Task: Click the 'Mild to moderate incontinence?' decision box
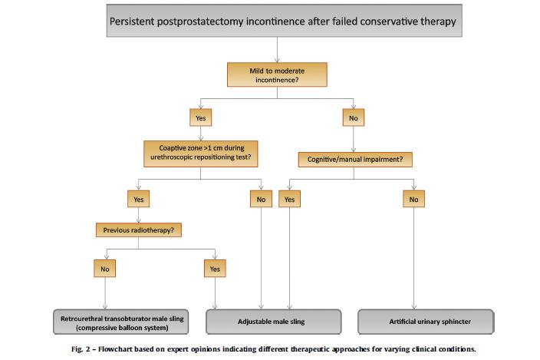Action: (x=277, y=74)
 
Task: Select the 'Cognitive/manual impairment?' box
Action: (x=355, y=160)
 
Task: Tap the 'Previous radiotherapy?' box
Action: (x=138, y=230)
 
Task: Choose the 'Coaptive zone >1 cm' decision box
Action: (x=201, y=154)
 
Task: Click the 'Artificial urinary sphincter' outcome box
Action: (x=426, y=322)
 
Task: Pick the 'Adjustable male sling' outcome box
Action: (x=273, y=322)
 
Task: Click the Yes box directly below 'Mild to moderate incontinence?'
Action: (x=201, y=117)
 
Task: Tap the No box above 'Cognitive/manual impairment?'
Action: (x=354, y=117)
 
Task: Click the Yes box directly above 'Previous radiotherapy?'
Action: (x=138, y=199)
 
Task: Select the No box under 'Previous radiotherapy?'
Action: (x=104, y=269)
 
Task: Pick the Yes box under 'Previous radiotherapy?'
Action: (x=215, y=269)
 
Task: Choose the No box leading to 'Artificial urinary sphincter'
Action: (x=413, y=199)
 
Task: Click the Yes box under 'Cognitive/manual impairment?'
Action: (x=289, y=199)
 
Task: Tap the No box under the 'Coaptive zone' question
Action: (x=261, y=199)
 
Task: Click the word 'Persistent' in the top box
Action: (x=132, y=21)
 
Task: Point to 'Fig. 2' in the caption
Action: (x=81, y=349)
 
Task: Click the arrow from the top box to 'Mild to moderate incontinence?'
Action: (x=277, y=50)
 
